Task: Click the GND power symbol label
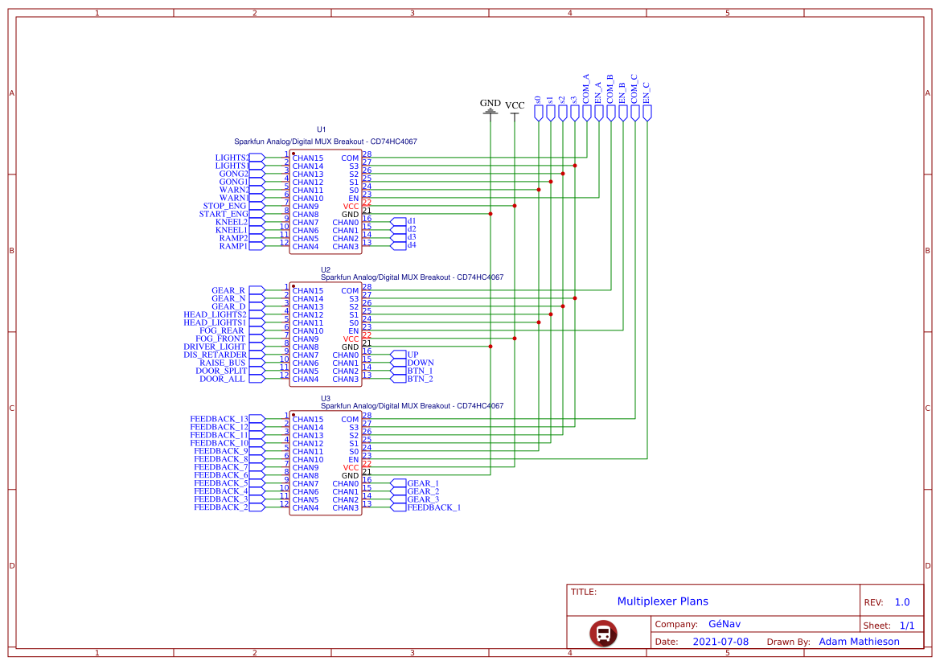click(490, 103)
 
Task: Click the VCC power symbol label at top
click(515, 105)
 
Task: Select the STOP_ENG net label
click(224, 206)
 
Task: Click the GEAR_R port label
click(228, 290)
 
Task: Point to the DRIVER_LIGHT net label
click(215, 347)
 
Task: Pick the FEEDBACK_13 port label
click(219, 419)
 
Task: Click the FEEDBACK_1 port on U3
click(433, 507)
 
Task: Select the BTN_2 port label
click(420, 379)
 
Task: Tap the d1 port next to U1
click(411, 220)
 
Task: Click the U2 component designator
click(326, 270)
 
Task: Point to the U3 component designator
click(326, 399)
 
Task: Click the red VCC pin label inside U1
click(351, 207)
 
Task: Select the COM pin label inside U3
click(350, 420)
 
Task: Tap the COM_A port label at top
click(586, 88)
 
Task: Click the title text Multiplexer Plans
click(663, 601)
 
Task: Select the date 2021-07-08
click(720, 642)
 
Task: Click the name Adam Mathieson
click(859, 642)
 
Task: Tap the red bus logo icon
click(603, 633)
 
